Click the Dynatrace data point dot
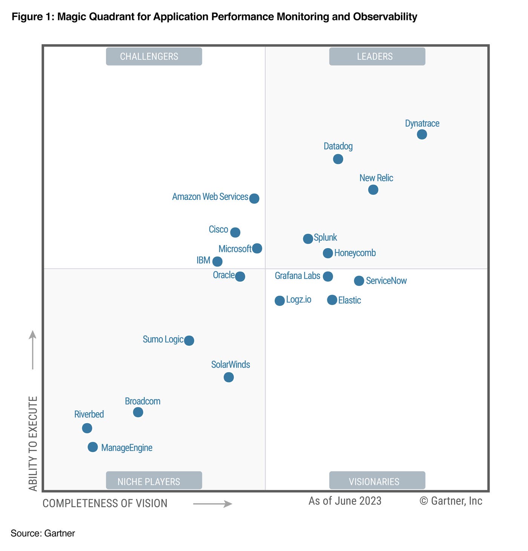pyautogui.click(x=422, y=134)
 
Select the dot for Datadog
pyautogui.click(x=338, y=159)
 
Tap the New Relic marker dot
pyautogui.click(x=373, y=190)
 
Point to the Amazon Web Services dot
pyautogui.click(x=254, y=198)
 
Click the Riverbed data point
pyautogui.click(x=87, y=428)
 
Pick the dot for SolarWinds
pyautogui.click(x=229, y=377)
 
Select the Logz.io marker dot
pyautogui.click(x=279, y=301)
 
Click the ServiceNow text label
pyautogui.click(x=386, y=281)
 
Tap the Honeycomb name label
pyautogui.click(x=355, y=253)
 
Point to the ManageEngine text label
pyautogui.click(x=127, y=448)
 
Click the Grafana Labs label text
pyautogui.click(x=297, y=276)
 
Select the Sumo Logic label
pyautogui.click(x=163, y=339)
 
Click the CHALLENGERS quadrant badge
pyautogui.click(x=154, y=57)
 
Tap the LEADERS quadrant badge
pyautogui.click(x=377, y=57)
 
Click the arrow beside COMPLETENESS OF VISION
pyautogui.click(x=212, y=504)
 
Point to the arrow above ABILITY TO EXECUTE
pyautogui.click(x=33, y=350)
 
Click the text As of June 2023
pyautogui.click(x=345, y=501)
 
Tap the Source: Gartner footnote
pyautogui.click(x=43, y=533)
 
